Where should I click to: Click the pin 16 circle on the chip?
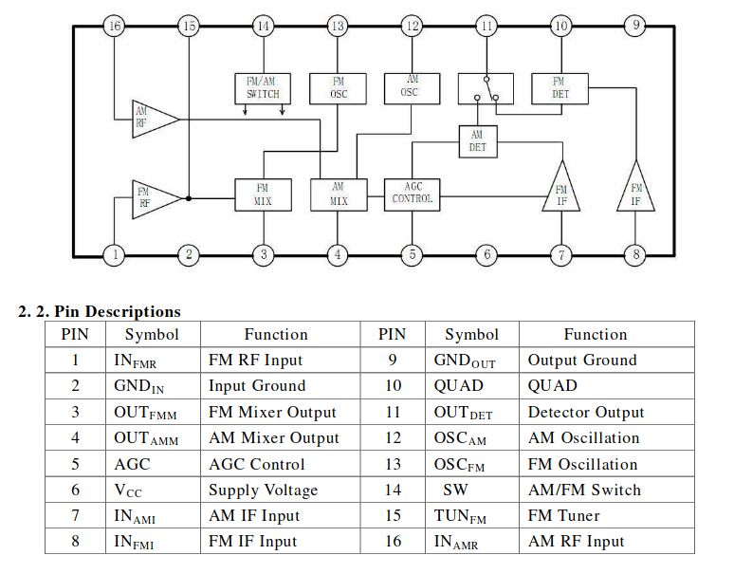(x=115, y=26)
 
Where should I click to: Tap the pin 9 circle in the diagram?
(x=635, y=25)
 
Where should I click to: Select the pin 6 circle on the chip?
(x=486, y=254)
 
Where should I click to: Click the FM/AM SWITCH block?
(x=263, y=88)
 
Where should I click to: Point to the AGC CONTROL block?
(x=412, y=194)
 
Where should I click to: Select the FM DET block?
(x=560, y=88)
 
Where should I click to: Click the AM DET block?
(x=477, y=141)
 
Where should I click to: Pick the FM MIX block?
(x=263, y=194)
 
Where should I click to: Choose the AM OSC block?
(x=412, y=88)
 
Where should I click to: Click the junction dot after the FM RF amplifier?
(x=189, y=198)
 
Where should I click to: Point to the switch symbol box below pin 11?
(x=486, y=88)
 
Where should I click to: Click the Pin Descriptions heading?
(x=100, y=312)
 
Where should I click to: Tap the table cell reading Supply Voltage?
(x=263, y=490)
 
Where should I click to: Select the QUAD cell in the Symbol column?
(x=459, y=385)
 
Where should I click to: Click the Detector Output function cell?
(x=586, y=412)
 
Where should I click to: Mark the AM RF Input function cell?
(x=577, y=541)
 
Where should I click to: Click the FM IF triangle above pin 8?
(x=635, y=190)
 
